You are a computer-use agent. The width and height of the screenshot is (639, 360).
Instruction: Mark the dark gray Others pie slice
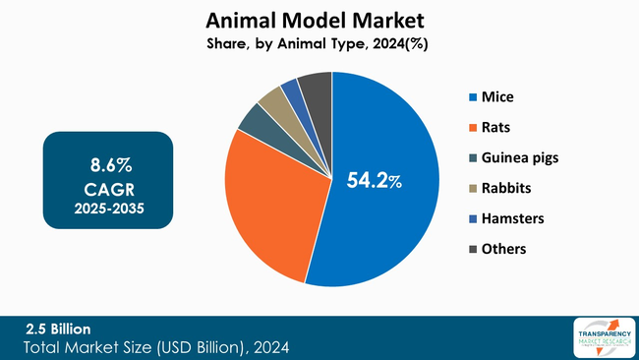tap(316, 87)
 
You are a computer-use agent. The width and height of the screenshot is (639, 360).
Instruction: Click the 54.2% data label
tap(375, 181)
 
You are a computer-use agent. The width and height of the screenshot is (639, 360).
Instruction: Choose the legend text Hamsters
tap(513, 218)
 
